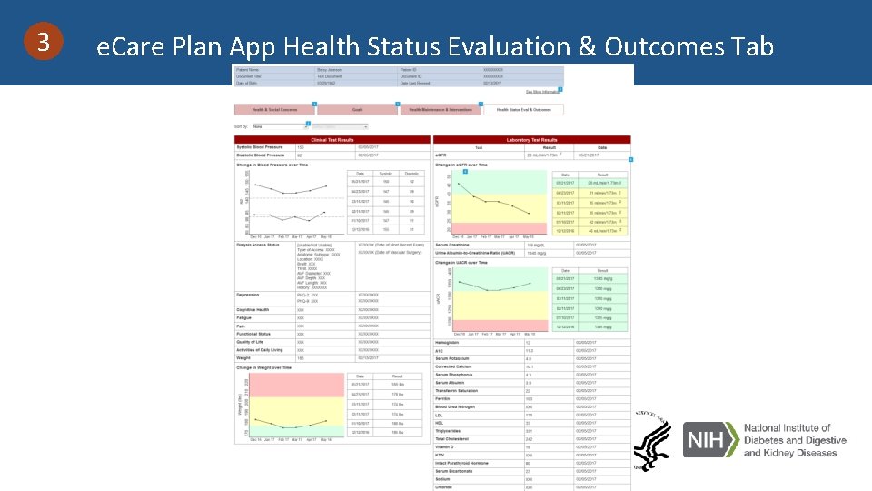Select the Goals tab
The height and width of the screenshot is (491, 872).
358,110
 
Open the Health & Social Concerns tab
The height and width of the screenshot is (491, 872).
275,110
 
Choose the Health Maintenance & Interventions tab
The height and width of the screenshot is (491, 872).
441,110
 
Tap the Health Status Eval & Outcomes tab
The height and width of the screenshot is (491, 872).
523,110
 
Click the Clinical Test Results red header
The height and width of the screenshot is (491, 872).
332,140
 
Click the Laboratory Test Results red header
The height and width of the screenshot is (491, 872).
531,140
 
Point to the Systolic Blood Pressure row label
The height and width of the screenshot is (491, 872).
259,147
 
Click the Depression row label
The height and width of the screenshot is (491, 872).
248,295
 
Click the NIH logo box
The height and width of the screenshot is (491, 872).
708,441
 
